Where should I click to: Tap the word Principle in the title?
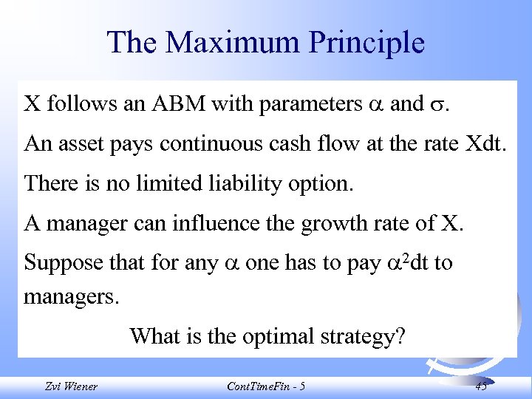tap(367, 43)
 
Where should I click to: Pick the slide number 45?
tap(481, 386)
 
